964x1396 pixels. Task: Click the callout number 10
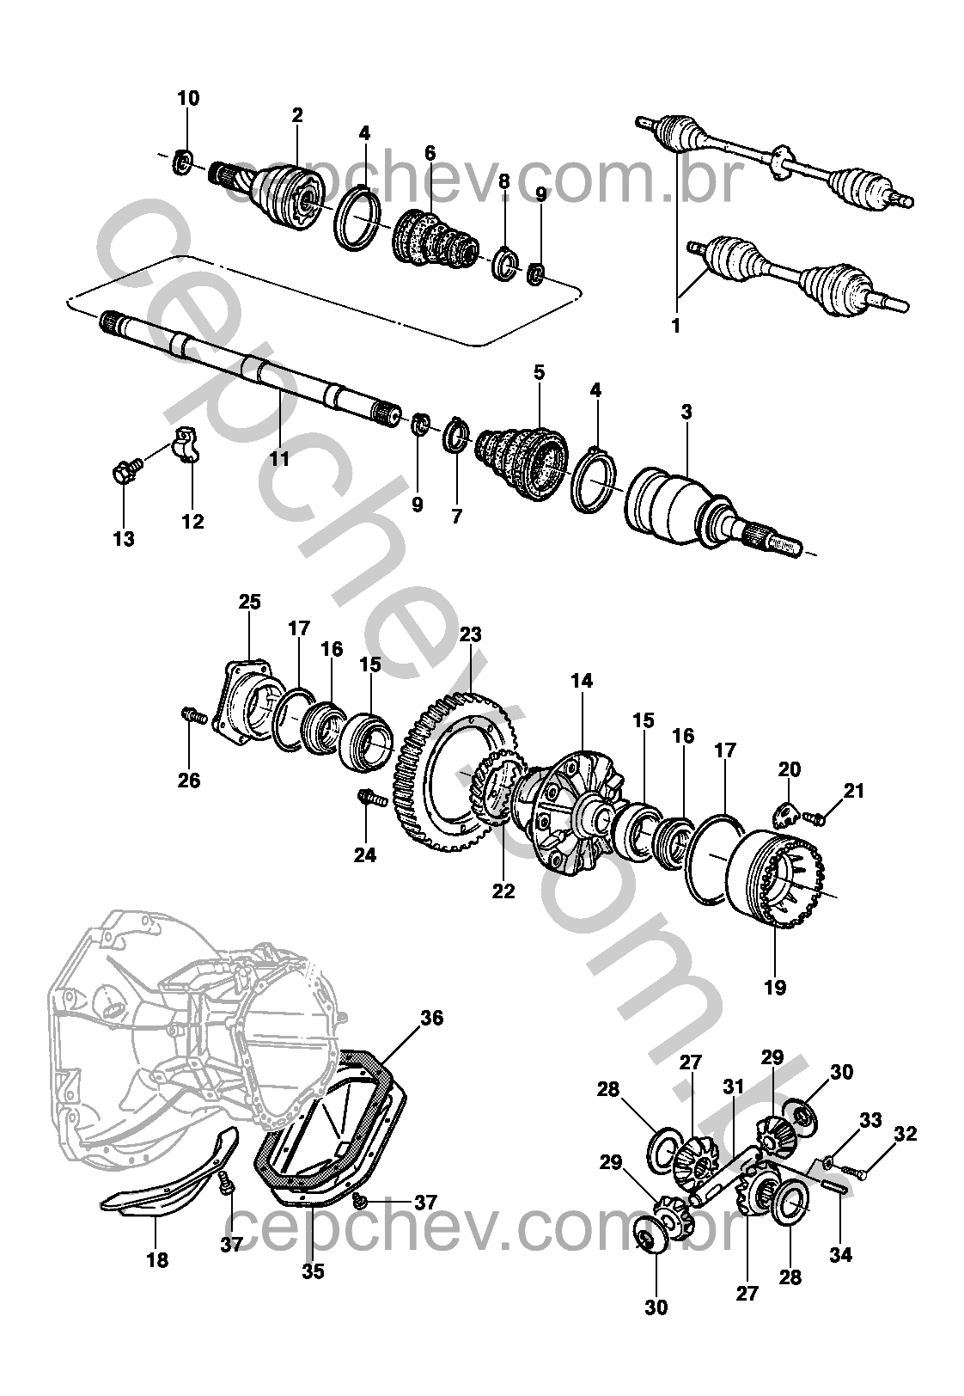[188, 98]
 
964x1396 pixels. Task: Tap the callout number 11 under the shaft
[279, 458]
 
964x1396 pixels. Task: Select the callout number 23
[470, 635]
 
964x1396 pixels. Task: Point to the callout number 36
[431, 1018]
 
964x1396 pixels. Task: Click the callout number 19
[775, 988]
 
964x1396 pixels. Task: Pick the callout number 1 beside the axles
[675, 327]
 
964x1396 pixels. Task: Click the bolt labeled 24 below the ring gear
[367, 798]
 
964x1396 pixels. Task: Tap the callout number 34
[840, 1255]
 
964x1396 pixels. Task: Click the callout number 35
[314, 1270]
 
